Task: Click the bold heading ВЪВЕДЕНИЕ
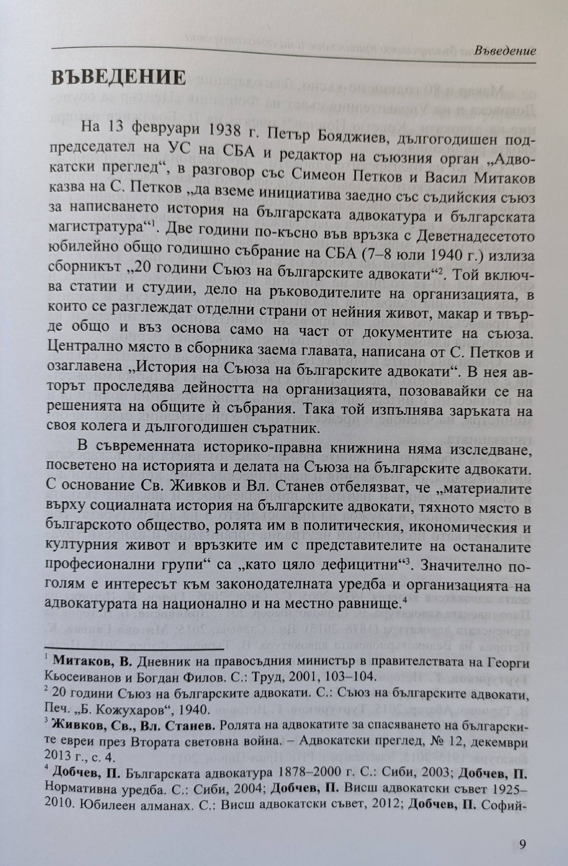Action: click(118, 78)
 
